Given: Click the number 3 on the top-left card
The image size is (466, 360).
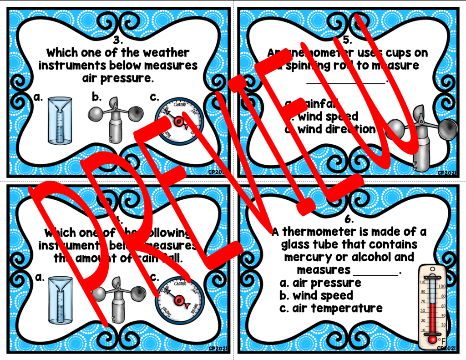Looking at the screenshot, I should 118,39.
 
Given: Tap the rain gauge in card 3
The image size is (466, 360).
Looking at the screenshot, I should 61,122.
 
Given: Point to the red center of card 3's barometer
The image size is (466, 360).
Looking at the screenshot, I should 178,121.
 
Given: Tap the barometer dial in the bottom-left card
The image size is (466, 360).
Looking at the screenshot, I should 179,299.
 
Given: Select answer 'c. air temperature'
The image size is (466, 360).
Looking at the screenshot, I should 331,308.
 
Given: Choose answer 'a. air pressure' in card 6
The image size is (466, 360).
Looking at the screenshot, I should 320,283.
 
